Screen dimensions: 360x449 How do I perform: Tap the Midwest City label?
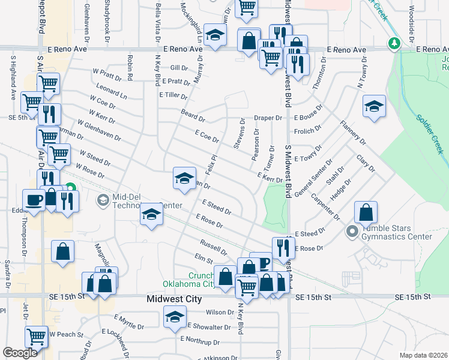point(172,299)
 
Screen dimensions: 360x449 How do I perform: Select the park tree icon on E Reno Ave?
point(393,43)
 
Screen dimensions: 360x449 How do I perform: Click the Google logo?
point(20,353)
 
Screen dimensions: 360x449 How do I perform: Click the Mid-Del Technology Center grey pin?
point(103,200)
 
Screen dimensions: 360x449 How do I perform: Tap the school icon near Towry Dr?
point(375,106)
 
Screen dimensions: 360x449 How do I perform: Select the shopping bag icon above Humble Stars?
point(366,211)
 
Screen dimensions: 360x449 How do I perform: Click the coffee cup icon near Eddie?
point(34,199)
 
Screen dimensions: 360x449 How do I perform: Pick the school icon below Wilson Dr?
point(175,316)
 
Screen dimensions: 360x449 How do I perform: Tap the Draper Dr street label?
point(268,118)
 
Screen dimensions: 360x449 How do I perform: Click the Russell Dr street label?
point(214,247)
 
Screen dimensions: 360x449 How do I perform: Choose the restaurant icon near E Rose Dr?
point(283,247)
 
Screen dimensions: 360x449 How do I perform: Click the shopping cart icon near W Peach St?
point(37,337)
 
